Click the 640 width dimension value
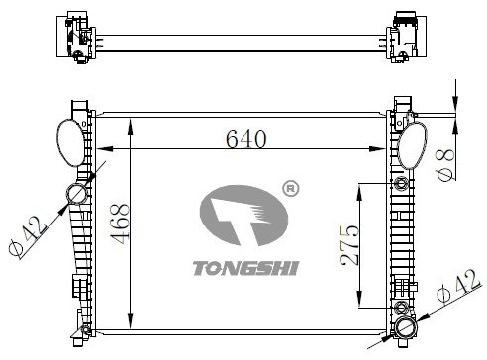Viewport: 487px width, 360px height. coord(246,138)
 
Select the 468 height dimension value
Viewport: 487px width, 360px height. coord(120,224)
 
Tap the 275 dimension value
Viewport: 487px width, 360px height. coord(349,245)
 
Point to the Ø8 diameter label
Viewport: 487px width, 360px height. coord(445,164)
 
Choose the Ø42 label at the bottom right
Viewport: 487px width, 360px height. coord(458,286)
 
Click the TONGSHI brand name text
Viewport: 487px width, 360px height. coord(245,268)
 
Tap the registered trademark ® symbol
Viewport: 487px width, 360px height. coord(291,189)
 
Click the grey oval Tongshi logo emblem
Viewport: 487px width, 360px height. coord(243,216)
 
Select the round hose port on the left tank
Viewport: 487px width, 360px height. coord(78,194)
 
